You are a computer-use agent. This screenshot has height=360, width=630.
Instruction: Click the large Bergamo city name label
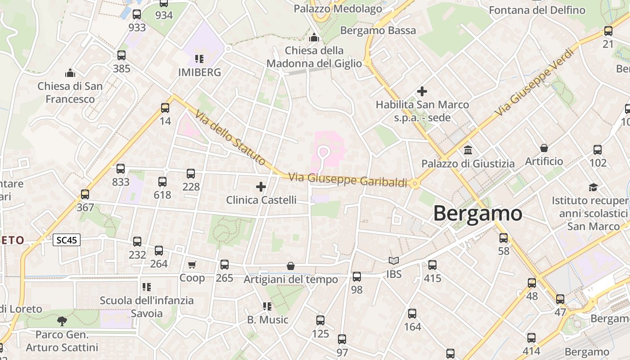pyautogui.click(x=477, y=213)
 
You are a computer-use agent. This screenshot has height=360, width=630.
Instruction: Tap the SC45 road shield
pyautogui.click(x=67, y=240)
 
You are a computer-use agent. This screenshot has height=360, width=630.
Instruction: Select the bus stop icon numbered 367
pyautogui.click(x=85, y=194)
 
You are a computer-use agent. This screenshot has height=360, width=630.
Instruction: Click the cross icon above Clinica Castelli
pyautogui.click(x=261, y=186)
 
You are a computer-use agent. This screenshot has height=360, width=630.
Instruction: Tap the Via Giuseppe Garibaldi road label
pyautogui.click(x=347, y=180)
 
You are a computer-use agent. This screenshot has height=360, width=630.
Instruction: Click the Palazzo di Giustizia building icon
pyautogui.click(x=468, y=150)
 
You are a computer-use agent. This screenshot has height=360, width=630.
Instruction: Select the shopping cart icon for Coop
pyautogui.click(x=192, y=265)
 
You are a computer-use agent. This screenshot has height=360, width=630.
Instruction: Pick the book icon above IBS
pyautogui.click(x=394, y=261)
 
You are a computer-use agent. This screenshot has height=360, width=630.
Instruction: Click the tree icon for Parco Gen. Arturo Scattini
pyautogui.click(x=62, y=321)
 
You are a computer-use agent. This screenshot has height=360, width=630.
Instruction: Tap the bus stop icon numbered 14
pyautogui.click(x=165, y=108)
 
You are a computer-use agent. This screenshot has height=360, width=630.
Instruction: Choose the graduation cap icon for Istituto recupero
pyautogui.click(x=593, y=187)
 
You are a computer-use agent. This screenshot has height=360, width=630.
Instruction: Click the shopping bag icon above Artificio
pyautogui.click(x=544, y=148)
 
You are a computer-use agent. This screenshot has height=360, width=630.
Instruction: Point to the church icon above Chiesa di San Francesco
pyautogui.click(x=70, y=73)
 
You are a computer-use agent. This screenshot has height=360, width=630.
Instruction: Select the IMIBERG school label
pyautogui.click(x=199, y=72)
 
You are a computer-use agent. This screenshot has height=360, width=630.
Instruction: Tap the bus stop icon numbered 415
pyautogui.click(x=432, y=265)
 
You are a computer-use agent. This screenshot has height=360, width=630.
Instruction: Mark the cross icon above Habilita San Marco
pyautogui.click(x=422, y=91)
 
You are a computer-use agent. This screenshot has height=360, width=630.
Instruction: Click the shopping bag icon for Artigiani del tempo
pyautogui.click(x=291, y=266)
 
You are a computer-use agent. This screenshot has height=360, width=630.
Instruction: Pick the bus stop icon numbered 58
pyautogui.click(x=504, y=238)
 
